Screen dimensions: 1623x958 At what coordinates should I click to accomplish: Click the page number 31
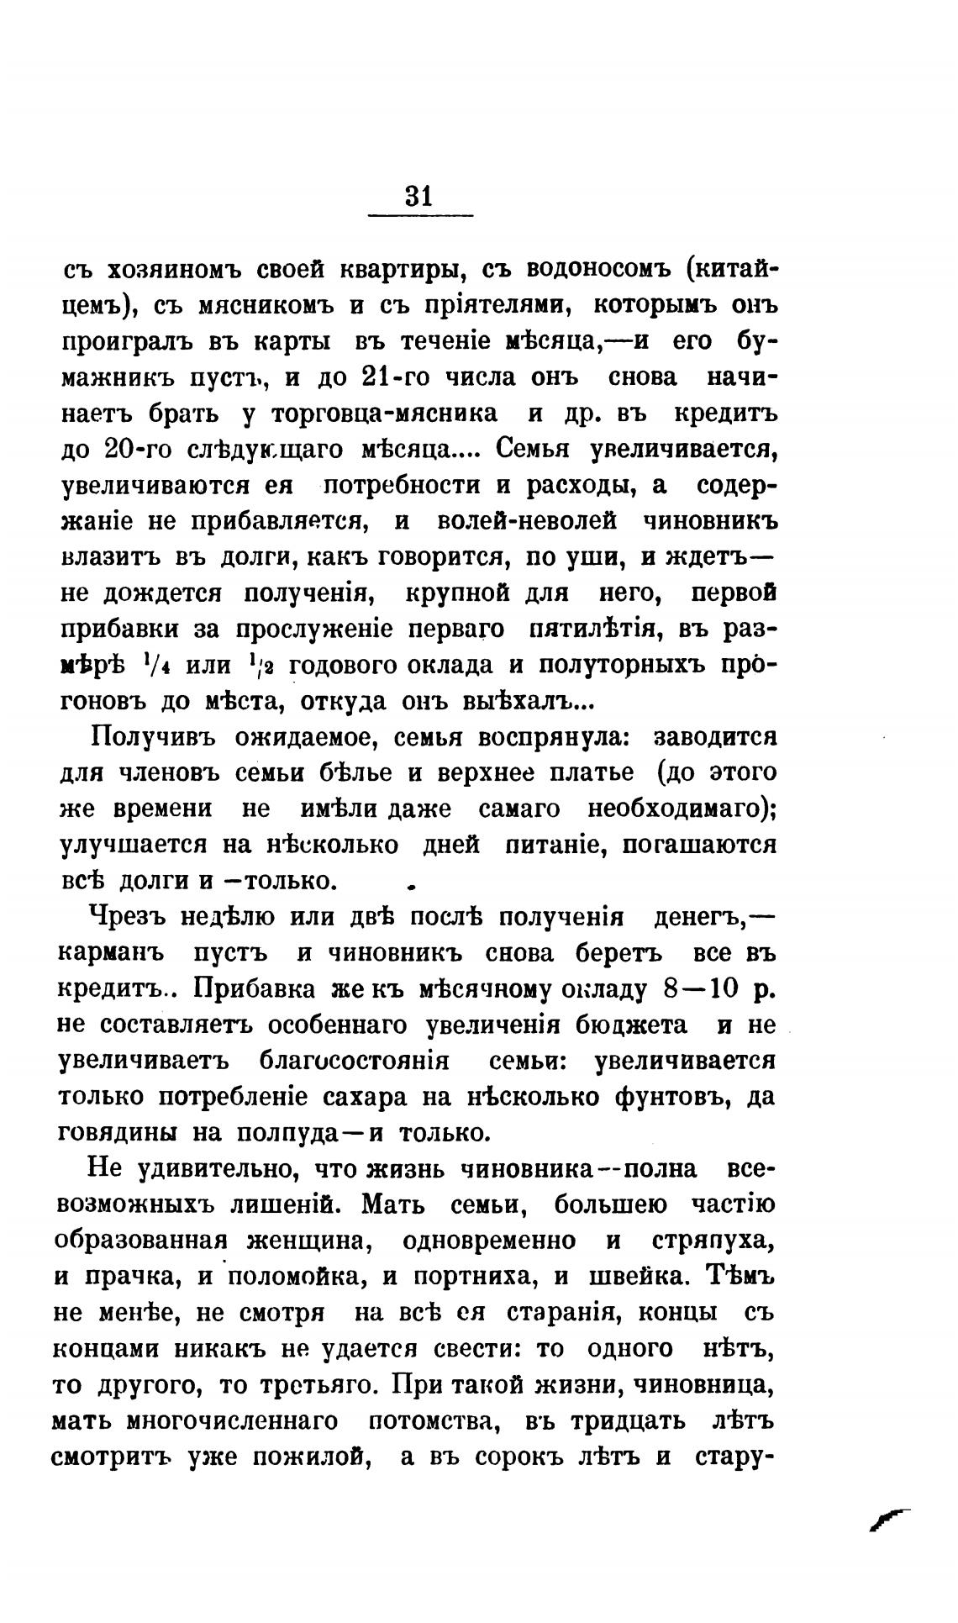pyautogui.click(x=418, y=196)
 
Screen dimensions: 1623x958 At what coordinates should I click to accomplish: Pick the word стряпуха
pyautogui.click(x=713, y=1241)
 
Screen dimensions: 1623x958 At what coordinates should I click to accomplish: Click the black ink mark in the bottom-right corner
pyautogui.click(x=890, y=1517)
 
